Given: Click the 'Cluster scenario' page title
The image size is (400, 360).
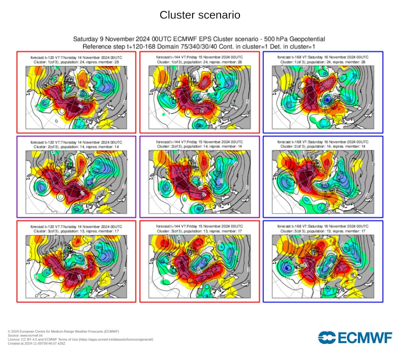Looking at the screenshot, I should pos(200,15).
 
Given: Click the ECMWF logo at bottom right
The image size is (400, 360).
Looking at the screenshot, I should pos(355,337).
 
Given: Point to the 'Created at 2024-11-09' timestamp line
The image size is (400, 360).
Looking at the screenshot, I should pos(37,343).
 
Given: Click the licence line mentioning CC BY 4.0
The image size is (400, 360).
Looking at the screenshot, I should pos(80,339).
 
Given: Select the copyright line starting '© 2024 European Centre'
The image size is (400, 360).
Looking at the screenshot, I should pos(63,331).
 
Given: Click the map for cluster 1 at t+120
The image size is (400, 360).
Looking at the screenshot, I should pos(76,97).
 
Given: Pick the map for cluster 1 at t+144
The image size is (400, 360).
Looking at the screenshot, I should pos(200,97).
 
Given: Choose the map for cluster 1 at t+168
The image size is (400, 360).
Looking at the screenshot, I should pos(323,97).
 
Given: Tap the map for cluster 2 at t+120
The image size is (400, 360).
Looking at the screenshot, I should pos(76,182).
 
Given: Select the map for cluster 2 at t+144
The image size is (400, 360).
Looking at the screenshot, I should pos(200,182).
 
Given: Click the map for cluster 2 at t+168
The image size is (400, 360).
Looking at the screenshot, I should pos(323,182).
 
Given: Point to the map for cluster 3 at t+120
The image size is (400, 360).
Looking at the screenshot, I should pos(76,266).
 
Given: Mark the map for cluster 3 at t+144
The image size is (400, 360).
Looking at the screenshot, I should pos(200,266).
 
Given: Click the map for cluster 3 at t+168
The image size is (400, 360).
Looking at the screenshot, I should pos(323,266).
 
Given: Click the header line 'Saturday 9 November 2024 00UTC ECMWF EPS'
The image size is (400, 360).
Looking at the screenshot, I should pos(199,39).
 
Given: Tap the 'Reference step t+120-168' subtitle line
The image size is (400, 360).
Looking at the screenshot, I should pos(199,46).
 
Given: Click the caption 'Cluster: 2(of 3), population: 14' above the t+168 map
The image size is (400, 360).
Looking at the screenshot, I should pos(323,147).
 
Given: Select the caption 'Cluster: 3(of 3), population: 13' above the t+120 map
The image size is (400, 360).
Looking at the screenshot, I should pos(76,231).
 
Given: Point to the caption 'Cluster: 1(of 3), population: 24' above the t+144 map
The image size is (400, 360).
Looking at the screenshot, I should pos(200,62).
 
